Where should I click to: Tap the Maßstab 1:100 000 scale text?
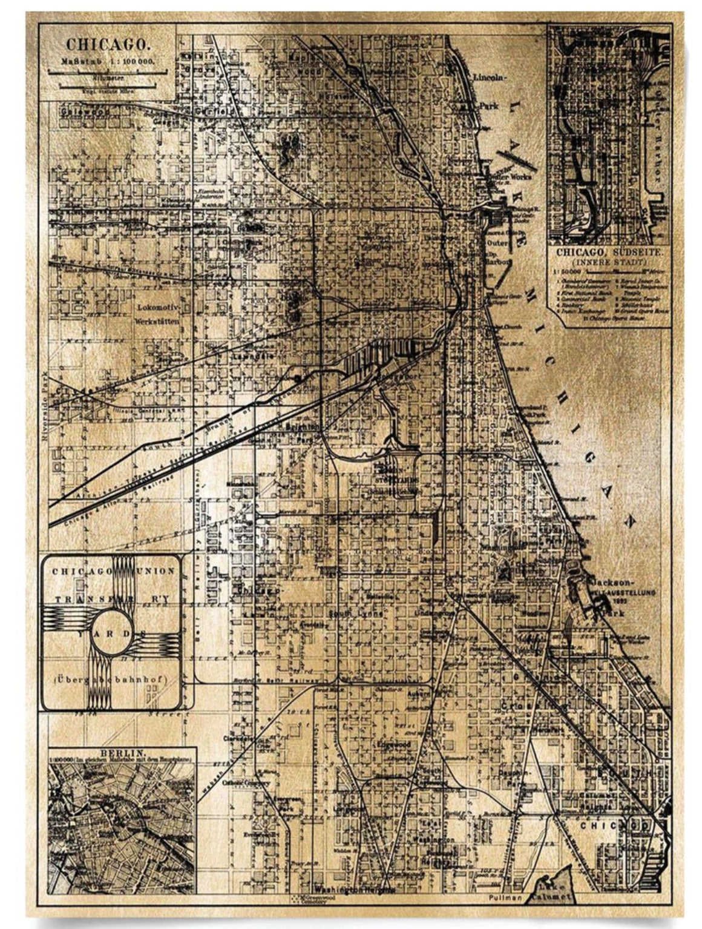pyautogui.click(x=108, y=61)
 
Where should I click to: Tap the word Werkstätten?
pyautogui.click(x=159, y=322)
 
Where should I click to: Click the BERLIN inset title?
pyautogui.click(x=122, y=754)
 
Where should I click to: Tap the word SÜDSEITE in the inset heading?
pyautogui.click(x=635, y=251)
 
